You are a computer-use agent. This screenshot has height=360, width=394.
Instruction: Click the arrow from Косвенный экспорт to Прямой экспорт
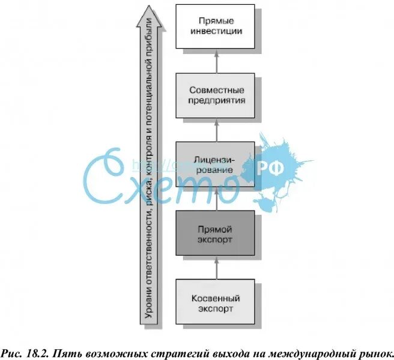point(216,268)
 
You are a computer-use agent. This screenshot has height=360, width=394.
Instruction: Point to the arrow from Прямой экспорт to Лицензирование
point(216,199)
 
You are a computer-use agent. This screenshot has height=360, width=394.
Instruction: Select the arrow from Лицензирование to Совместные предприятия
point(216,130)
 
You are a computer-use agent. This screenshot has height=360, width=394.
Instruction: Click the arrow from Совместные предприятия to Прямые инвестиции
point(216,61)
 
